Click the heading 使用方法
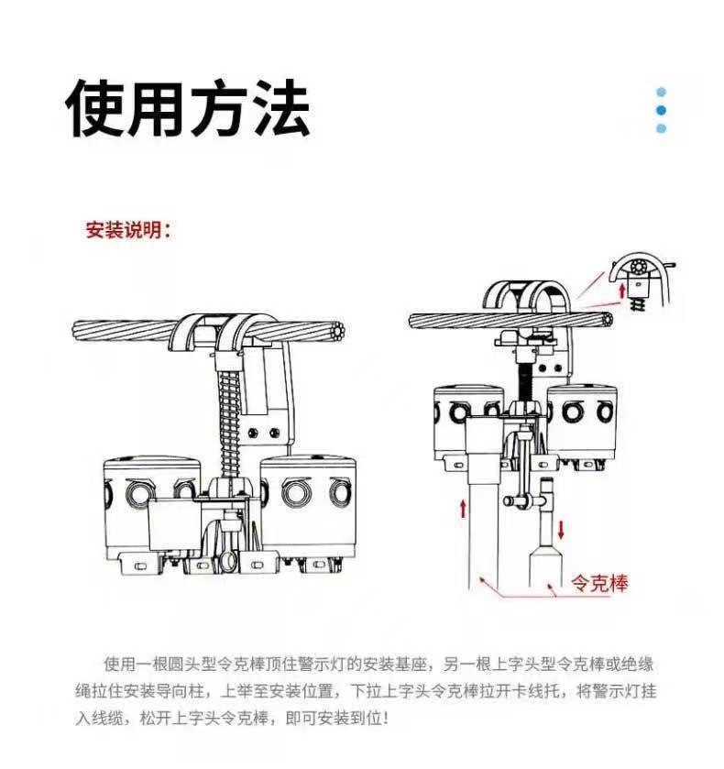188,109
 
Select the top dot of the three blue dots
661,92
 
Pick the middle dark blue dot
661,110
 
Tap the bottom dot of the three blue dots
661,128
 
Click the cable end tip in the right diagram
611,320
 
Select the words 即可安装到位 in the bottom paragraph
333,716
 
